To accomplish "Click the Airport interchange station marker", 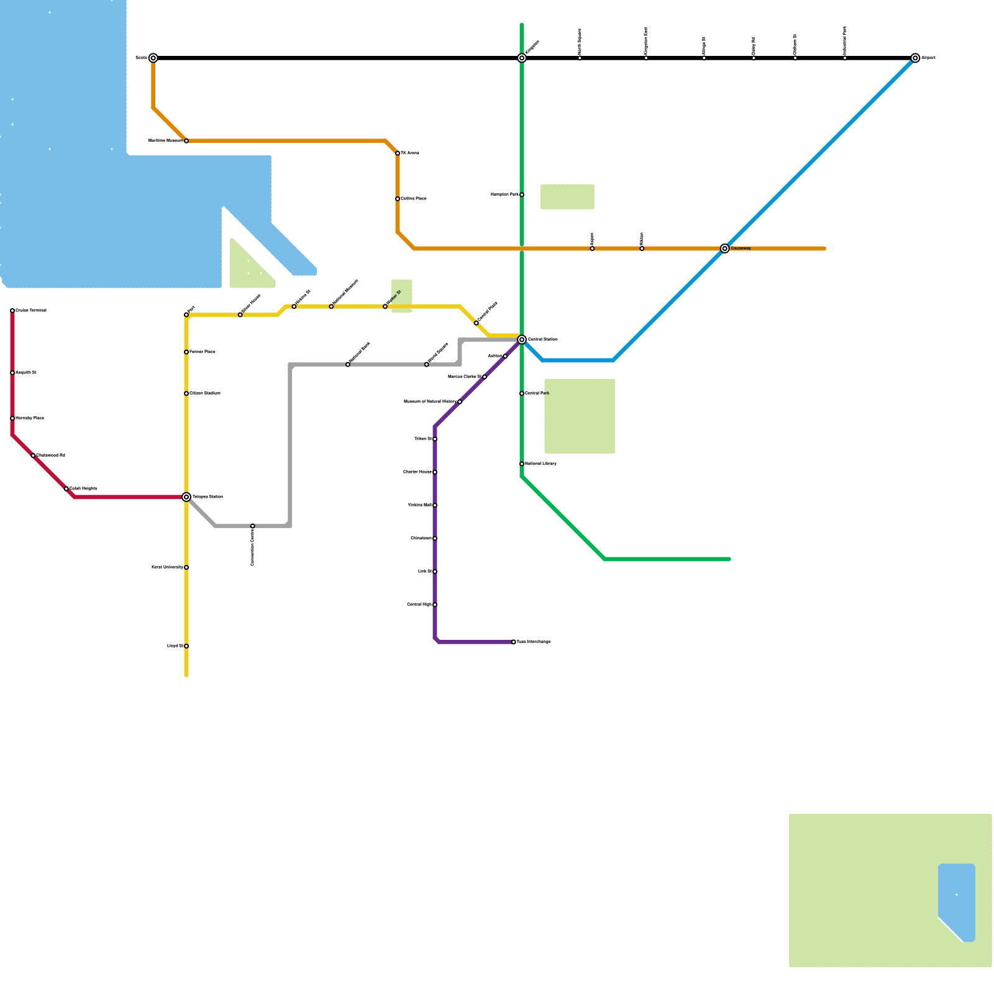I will tap(915, 58).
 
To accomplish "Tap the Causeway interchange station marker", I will tap(724, 248).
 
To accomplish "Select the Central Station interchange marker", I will tap(522, 340).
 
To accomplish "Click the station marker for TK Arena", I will tap(398, 153).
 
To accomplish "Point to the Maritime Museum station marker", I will tap(186, 141).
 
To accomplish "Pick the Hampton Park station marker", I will tap(522, 195).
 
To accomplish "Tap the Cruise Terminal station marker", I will tap(12, 311).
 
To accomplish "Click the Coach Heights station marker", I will tap(66, 489).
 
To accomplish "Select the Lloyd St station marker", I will tap(186, 646).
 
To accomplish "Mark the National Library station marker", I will tap(522, 464).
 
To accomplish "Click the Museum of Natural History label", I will tap(430, 402).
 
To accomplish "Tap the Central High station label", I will tap(419, 604).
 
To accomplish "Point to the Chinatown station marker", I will tap(435, 539).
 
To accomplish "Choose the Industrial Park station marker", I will tap(845, 58).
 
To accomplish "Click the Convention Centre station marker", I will tap(253, 526).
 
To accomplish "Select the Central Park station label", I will tap(537, 393).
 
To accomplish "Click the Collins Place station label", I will tap(414, 199).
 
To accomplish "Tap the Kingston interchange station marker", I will tap(522, 58).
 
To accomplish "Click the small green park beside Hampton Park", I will tap(567, 197).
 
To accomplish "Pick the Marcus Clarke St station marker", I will tap(485, 377).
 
